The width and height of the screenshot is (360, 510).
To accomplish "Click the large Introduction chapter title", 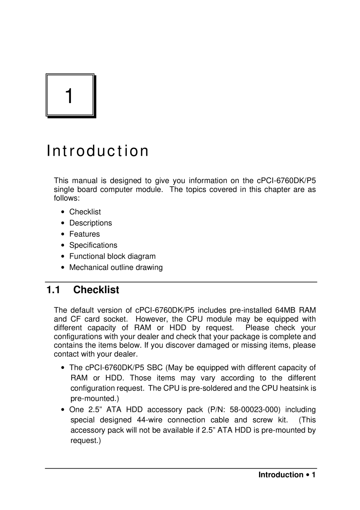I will pos(97,151).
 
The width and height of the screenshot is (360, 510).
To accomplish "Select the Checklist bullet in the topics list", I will pos(85,212).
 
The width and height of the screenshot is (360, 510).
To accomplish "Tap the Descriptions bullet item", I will pos(90,223).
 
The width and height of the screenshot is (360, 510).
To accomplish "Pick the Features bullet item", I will pos(84,234).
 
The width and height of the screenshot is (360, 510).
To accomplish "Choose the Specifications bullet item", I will pos(93,245).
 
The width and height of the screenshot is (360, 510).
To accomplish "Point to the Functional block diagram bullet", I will pos(112,256).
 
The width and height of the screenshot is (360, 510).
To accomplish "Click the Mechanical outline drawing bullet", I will pos(116,268).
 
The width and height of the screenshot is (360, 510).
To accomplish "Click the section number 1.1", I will pos(53,290).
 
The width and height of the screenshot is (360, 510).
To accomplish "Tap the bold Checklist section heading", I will pos(96,290).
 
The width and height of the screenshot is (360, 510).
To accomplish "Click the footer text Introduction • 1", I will pos(287,475).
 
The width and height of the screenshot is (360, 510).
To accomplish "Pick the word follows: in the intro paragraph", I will pos(67,198).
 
